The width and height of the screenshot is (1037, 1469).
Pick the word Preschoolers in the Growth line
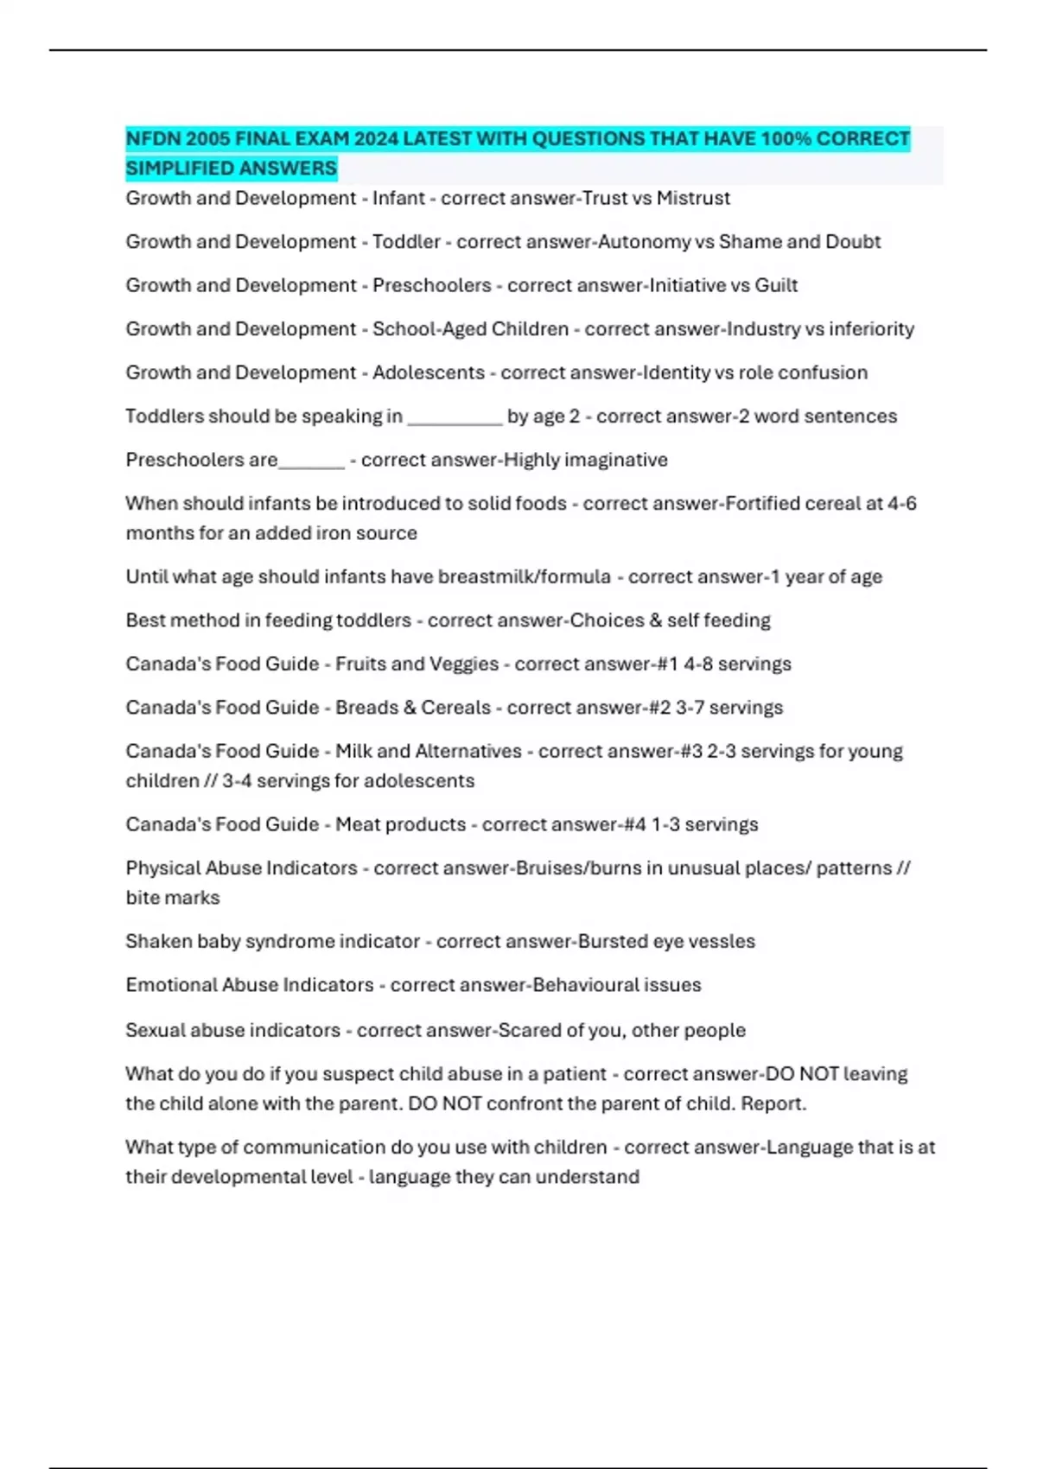click(x=431, y=285)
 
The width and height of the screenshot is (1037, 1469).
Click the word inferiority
click(x=871, y=329)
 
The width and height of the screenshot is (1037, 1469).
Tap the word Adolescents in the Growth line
click(x=429, y=372)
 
